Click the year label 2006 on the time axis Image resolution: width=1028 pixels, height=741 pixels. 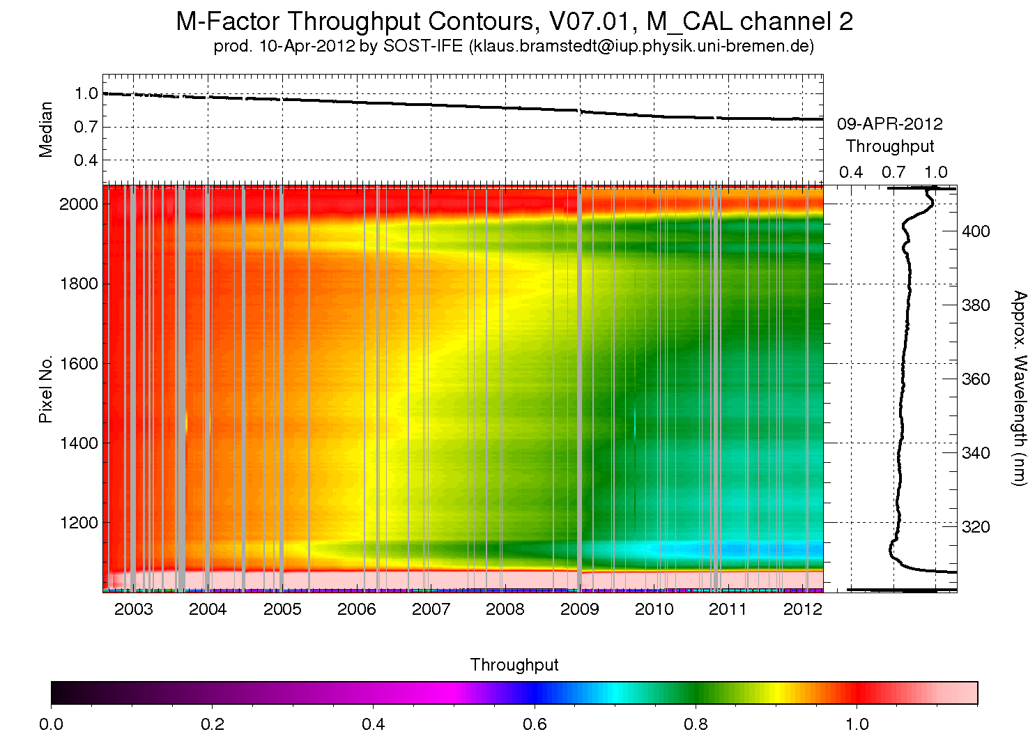point(356,609)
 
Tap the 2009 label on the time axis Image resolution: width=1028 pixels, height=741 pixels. point(579,609)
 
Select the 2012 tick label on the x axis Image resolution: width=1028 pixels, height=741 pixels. point(802,609)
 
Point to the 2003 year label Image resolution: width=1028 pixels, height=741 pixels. point(133,609)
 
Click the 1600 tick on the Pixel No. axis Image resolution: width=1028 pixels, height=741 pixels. point(79,364)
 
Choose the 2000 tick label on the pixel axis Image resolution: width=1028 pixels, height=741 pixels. point(79,204)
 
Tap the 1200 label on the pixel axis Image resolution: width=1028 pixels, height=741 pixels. point(79,523)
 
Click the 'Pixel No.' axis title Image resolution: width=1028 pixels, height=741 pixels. point(45,389)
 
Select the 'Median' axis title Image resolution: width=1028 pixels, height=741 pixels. point(45,130)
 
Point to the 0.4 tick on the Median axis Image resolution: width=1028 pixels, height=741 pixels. point(86,161)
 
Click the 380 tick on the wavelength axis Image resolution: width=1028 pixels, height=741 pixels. point(976,305)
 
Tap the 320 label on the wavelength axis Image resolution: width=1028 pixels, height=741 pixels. point(976,526)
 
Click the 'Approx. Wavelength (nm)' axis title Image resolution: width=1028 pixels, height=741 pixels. point(1019,388)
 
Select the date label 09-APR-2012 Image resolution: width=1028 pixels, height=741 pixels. point(890,124)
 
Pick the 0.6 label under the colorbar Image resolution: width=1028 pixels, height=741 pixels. point(535,724)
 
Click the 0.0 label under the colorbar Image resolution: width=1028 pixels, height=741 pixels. point(51,724)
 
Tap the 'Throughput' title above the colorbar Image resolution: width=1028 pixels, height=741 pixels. point(514,665)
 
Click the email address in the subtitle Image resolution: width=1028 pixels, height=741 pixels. point(641,46)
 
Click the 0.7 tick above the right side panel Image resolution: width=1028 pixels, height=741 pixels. point(893,172)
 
